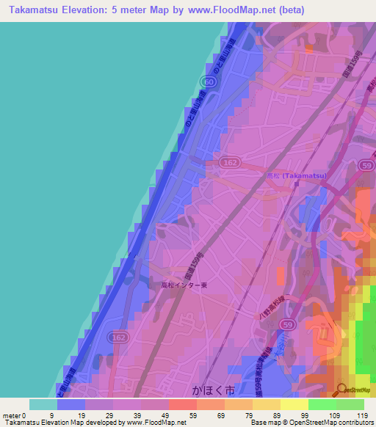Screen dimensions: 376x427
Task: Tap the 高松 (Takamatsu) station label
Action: (297, 177)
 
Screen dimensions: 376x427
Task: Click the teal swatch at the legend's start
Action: (43, 404)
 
